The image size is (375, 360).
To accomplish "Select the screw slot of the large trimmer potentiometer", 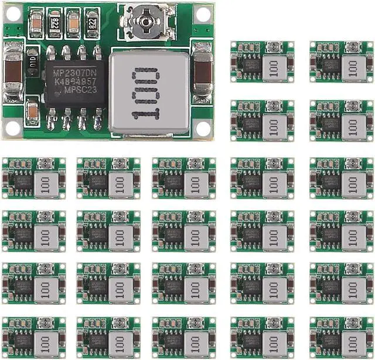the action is tap(144, 21).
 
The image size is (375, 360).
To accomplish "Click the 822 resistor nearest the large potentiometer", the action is tap(93, 22).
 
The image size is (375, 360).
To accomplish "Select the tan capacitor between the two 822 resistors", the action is tap(73, 22).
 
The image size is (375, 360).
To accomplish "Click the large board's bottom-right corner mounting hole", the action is tap(203, 128).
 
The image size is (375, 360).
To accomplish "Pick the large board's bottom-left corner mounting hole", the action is tap(12, 128).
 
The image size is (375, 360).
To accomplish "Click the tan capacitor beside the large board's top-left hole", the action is tap(33, 21).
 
